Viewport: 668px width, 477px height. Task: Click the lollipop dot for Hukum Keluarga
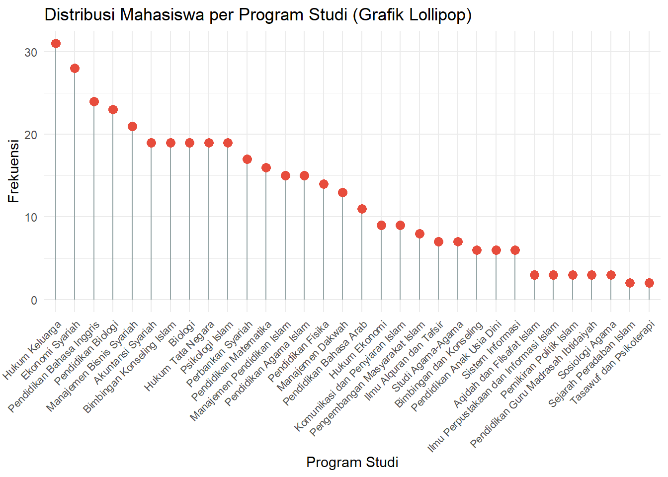tap(56, 44)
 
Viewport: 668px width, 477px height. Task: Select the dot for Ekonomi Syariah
tap(75, 69)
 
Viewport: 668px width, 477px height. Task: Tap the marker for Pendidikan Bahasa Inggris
tap(94, 102)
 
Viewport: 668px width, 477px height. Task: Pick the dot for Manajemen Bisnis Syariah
tap(132, 127)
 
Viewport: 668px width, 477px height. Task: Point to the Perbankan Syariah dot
tap(247, 159)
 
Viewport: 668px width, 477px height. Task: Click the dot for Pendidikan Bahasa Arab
tap(362, 209)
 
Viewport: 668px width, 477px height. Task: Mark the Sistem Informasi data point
tap(515, 250)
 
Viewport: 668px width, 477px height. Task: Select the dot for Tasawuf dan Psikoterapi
tap(649, 283)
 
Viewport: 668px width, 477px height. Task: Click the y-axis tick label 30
tap(31, 52)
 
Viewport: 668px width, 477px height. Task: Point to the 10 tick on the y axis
tap(31, 218)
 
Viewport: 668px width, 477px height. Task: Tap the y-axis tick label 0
tap(34, 300)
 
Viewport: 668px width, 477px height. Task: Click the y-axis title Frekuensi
tap(13, 171)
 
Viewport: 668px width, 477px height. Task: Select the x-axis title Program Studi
tap(352, 463)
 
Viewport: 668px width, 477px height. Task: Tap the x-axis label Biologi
tap(182, 334)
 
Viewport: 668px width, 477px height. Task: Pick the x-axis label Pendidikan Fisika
tap(299, 351)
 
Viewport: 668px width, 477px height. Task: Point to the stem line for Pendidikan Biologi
tap(113, 209)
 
